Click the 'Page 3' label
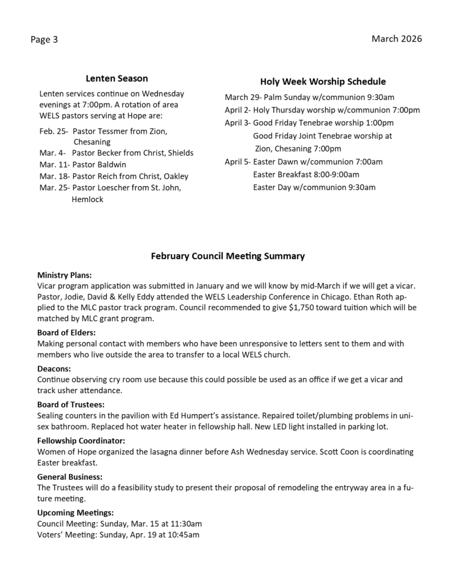tap(44, 40)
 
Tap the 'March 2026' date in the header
tap(397, 39)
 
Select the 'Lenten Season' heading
tap(117, 78)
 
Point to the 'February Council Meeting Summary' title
tap(227, 257)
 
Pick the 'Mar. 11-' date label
tap(54, 165)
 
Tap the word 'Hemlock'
tap(87, 199)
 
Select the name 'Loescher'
tap(119, 188)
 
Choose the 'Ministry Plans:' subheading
tap(64, 275)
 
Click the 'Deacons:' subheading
tap(54, 369)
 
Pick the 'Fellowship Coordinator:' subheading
tap(81, 441)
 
